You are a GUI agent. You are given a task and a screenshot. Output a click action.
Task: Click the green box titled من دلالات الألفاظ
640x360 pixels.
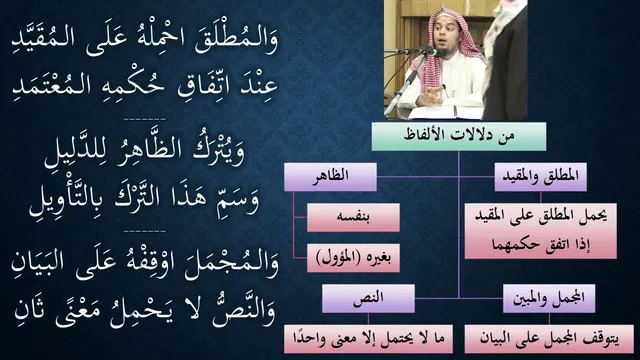pyautogui.click(x=458, y=136)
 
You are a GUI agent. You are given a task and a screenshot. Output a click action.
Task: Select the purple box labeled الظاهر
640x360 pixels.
pyautogui.click(x=330, y=177)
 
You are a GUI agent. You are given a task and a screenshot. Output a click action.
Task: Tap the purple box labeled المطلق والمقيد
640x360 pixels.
pyautogui.click(x=540, y=177)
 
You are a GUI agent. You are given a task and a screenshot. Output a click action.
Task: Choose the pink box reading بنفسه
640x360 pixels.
pyautogui.click(x=353, y=218)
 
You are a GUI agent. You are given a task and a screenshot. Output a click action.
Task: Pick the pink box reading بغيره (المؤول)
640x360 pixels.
pyautogui.click(x=353, y=258)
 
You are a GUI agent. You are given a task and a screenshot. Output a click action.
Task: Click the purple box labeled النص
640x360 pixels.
pyautogui.click(x=368, y=299)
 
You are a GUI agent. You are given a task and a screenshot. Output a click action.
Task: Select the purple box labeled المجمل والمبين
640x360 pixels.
pyautogui.click(x=549, y=299)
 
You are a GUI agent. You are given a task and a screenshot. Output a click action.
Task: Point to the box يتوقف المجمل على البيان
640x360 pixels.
pyautogui.click(x=549, y=339)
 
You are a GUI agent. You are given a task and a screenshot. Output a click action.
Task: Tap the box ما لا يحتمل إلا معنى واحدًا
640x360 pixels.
pyautogui.click(x=368, y=339)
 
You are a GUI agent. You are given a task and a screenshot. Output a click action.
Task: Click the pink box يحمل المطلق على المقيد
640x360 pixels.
pyautogui.click(x=540, y=231)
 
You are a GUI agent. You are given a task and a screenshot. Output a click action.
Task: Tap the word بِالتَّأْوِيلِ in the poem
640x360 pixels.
pyautogui.click(x=69, y=199)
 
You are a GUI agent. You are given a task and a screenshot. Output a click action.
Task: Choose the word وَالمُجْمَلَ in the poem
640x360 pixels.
pyautogui.click(x=232, y=265)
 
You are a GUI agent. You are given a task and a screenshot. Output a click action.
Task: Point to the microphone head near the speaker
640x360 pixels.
pyautogui.click(x=433, y=52)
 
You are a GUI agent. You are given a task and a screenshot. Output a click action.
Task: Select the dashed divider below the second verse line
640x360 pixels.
pyautogui.click(x=144, y=120)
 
